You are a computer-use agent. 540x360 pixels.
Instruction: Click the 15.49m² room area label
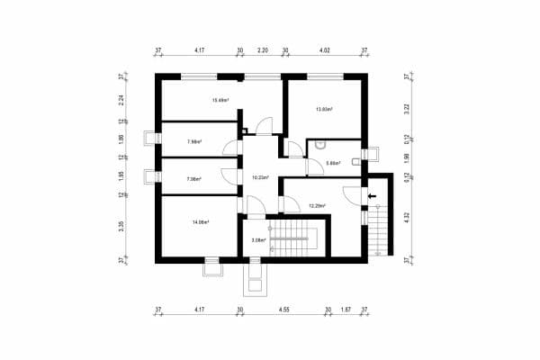pyautogui.click(x=220, y=100)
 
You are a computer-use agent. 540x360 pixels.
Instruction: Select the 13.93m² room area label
pyautogui.click(x=324, y=110)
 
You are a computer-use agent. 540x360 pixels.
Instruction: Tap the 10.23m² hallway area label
pyautogui.click(x=261, y=177)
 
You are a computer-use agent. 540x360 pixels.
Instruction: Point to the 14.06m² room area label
pyautogui.click(x=200, y=221)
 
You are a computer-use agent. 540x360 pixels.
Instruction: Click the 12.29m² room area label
pyautogui.click(x=317, y=206)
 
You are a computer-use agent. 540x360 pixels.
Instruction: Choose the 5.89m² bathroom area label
pyautogui.click(x=333, y=163)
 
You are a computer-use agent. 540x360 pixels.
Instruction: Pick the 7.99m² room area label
pyautogui.click(x=194, y=141)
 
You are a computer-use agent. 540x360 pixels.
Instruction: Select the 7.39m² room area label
pyautogui.click(x=193, y=179)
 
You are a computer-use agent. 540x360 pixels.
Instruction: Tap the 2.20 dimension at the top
pyautogui.click(x=262, y=51)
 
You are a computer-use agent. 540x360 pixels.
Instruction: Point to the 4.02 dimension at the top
pyautogui.click(x=325, y=51)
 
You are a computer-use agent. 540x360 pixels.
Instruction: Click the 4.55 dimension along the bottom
pyautogui.click(x=283, y=309)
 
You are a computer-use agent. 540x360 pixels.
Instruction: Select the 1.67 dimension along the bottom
pyautogui.click(x=346, y=309)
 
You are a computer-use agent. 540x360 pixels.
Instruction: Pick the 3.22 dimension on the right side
pyautogui.click(x=408, y=107)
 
